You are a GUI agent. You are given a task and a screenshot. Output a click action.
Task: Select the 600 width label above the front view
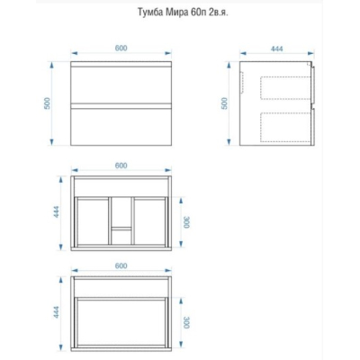[x=121, y=48]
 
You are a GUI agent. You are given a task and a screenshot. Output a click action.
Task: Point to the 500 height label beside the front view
[x=48, y=103]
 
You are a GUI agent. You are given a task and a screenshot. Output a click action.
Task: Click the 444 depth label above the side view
[x=276, y=49]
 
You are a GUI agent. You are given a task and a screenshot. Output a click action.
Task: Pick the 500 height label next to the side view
[x=225, y=103]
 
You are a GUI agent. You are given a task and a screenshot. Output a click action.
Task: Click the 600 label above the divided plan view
[x=121, y=166]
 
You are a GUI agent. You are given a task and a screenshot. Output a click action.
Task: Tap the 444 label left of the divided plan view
[x=57, y=211]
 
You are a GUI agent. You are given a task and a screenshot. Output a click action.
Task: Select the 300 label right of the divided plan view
[x=187, y=222]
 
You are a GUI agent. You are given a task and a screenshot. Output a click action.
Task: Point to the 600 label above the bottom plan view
[x=121, y=265]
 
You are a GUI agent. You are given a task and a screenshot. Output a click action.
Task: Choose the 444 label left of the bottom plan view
[x=57, y=312]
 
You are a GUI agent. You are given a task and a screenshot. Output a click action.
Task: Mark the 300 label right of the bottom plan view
[x=187, y=322]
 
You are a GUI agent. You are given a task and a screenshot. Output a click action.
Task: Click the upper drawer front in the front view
[x=121, y=85]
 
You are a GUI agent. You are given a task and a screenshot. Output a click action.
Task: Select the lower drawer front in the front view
[x=121, y=127]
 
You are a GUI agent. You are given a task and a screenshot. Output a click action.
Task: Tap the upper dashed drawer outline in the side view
[x=285, y=88]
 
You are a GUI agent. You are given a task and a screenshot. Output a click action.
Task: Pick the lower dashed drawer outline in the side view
[x=285, y=127]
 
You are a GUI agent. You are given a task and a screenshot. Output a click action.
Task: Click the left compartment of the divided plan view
[x=93, y=220]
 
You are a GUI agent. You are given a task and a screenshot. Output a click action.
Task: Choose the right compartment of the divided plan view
[x=149, y=220]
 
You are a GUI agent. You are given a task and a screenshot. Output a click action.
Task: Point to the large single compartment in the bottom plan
[x=121, y=322]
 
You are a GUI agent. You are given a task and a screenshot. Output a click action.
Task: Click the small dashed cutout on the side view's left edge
[x=243, y=83]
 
